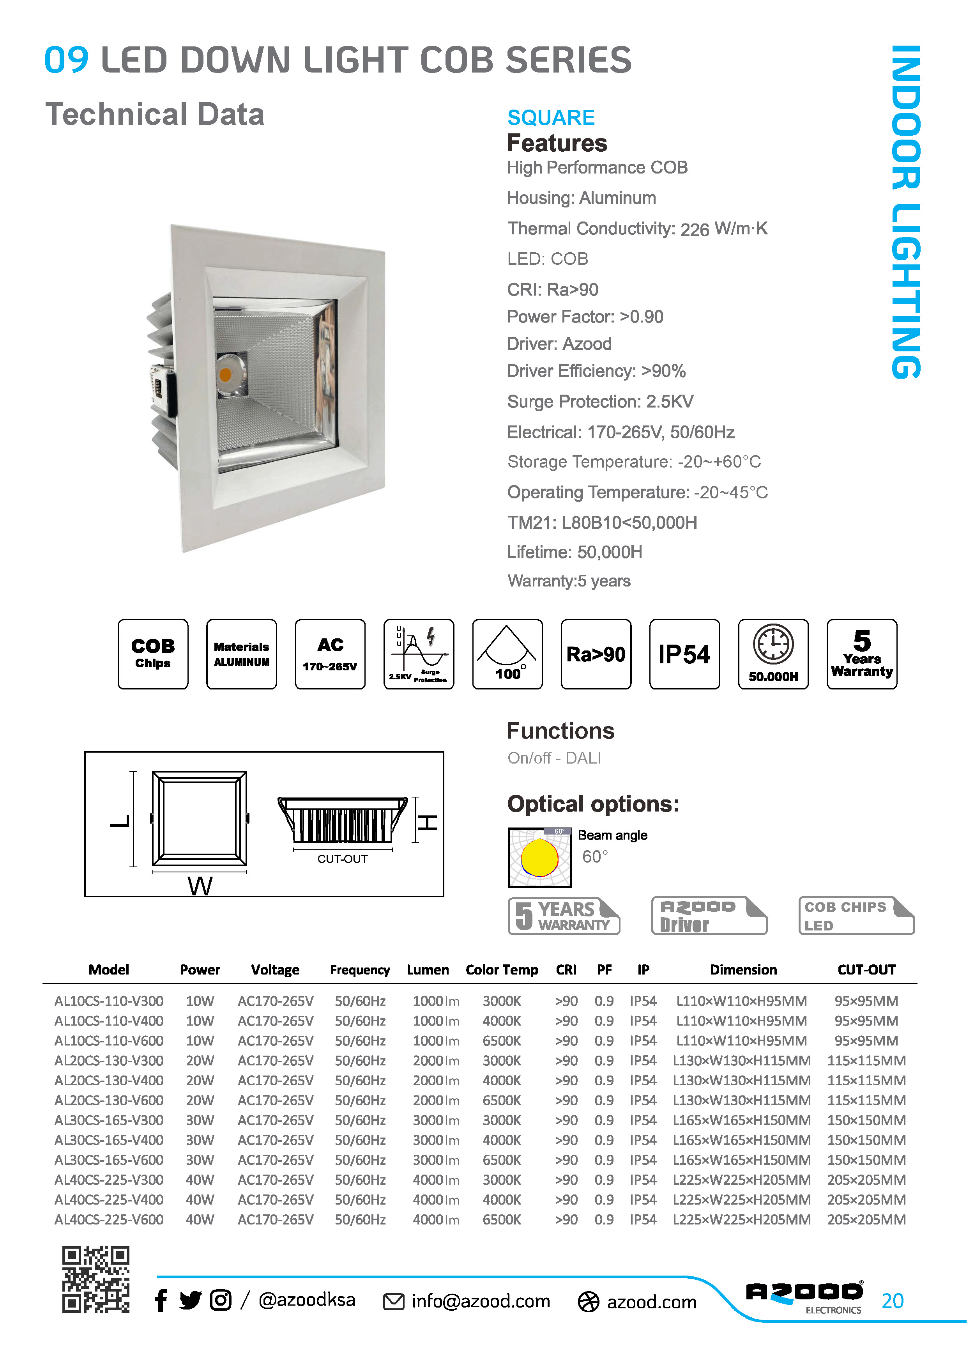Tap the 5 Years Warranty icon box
pos(862,654)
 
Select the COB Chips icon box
pos(153,654)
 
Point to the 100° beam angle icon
pos(507,654)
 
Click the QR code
pos(96,1279)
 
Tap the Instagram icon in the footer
pos(220,1300)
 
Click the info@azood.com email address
pos(481,1301)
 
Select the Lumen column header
pos(428,970)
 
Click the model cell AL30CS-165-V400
pos(109,1140)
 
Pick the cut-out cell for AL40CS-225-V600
pos(866,1220)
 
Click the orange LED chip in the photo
pos(225,375)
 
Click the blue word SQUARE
pos(551,117)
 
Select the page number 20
pos(893,1301)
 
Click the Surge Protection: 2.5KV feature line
pos(600,402)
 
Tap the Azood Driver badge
pos(709,916)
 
